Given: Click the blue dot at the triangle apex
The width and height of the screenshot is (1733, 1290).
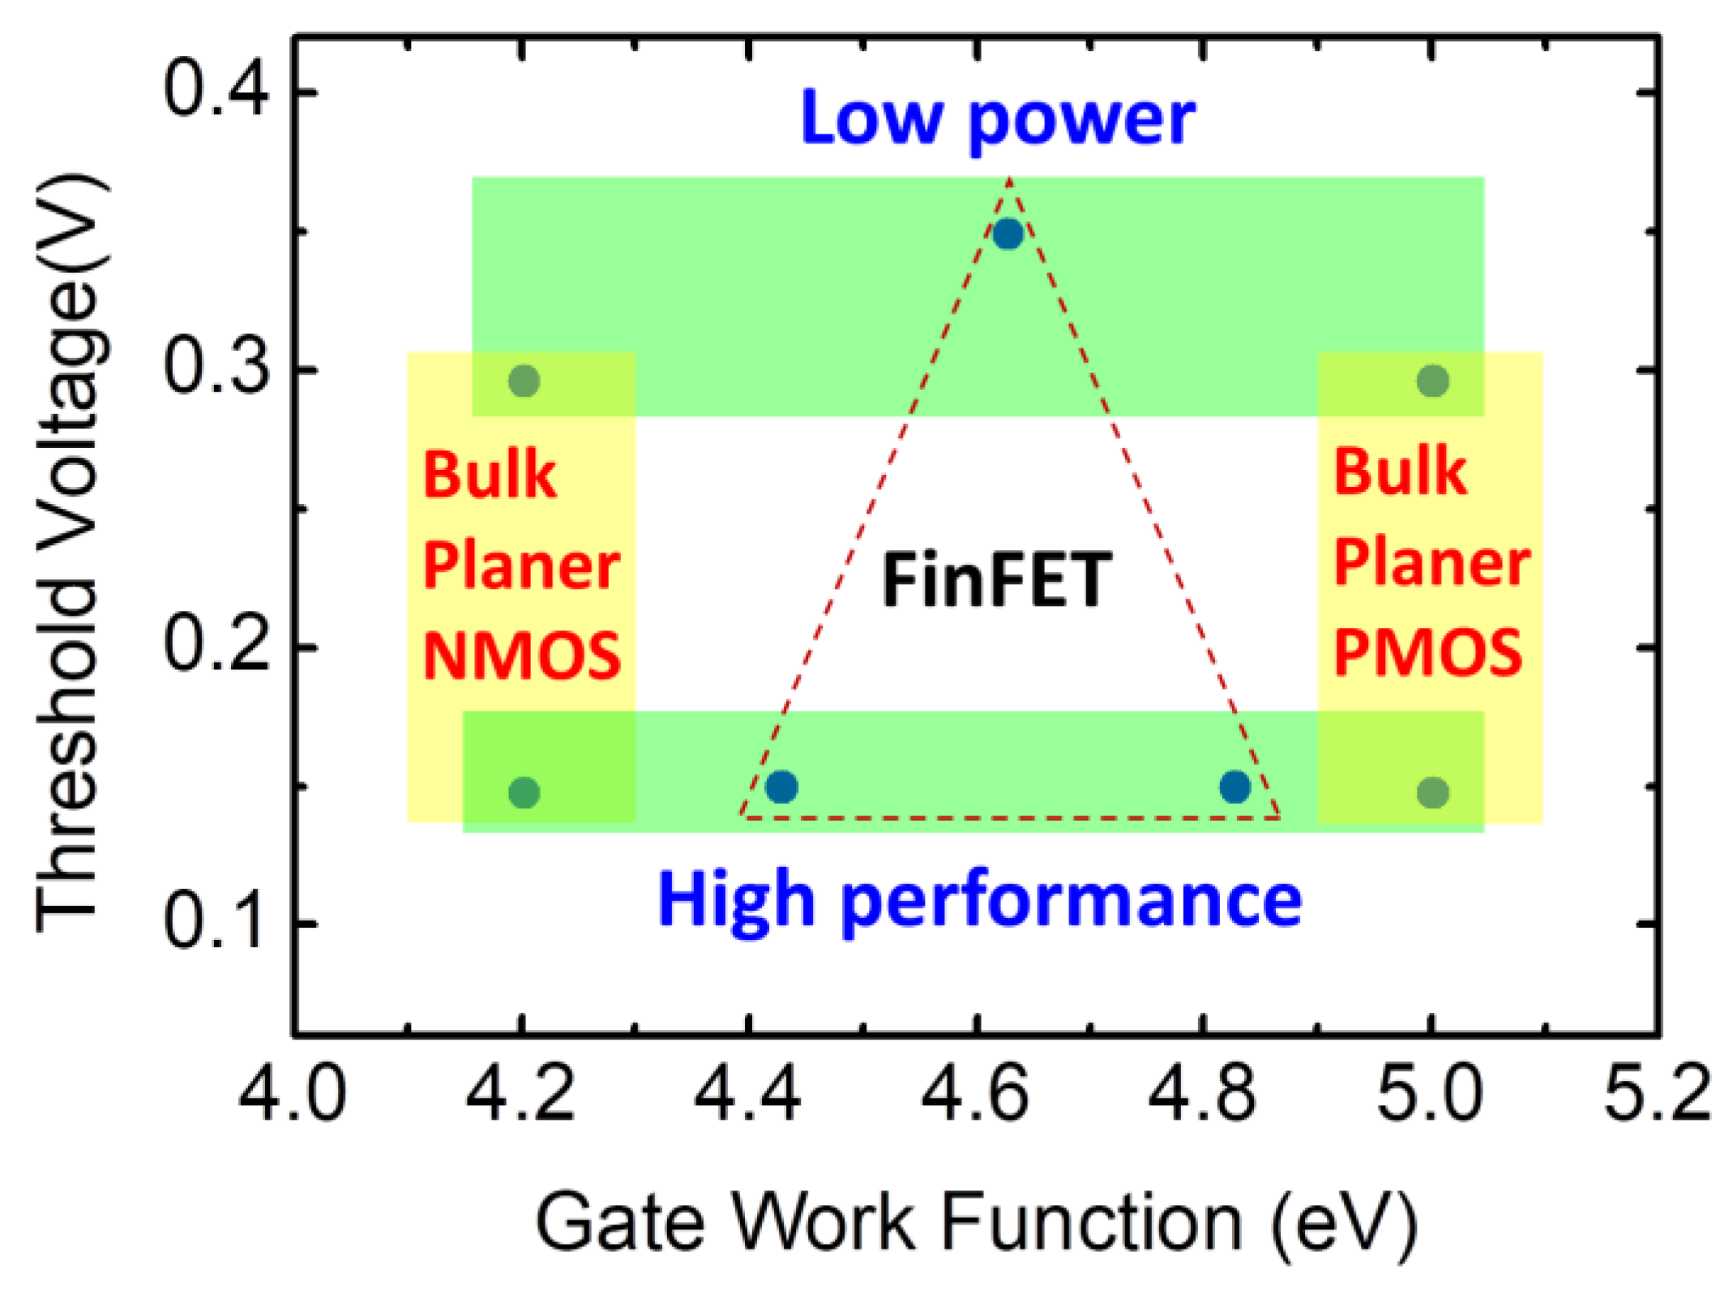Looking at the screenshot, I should pyautogui.click(x=1008, y=234).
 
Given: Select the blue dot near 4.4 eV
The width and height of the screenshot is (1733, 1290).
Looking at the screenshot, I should pyautogui.click(x=781, y=786).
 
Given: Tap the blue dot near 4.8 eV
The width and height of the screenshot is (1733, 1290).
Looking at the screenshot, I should pyautogui.click(x=1234, y=786).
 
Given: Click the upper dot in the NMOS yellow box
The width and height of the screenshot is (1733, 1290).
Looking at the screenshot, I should pyautogui.click(x=524, y=380).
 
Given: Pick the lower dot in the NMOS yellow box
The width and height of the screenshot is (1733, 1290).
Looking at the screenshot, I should pyautogui.click(x=524, y=792).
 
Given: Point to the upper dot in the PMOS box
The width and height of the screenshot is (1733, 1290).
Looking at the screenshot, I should pyautogui.click(x=1432, y=380).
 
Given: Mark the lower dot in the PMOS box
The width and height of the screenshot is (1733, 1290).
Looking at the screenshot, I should pyautogui.click(x=1432, y=792).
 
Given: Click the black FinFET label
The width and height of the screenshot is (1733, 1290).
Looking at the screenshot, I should pyautogui.click(x=996, y=580).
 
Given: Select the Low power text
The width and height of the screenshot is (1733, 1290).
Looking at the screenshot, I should pyautogui.click(x=997, y=119).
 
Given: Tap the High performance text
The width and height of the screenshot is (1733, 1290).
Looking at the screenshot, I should pyautogui.click(x=979, y=900).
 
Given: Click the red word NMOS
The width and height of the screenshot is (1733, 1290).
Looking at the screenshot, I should pyautogui.click(x=522, y=656).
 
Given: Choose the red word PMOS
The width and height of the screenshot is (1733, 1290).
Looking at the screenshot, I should pyautogui.click(x=1427, y=652).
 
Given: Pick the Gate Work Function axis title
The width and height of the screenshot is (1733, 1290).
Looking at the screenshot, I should pyautogui.click(x=977, y=1223).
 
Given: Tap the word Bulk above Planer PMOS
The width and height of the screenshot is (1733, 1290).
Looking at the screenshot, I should pyautogui.click(x=1400, y=472).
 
